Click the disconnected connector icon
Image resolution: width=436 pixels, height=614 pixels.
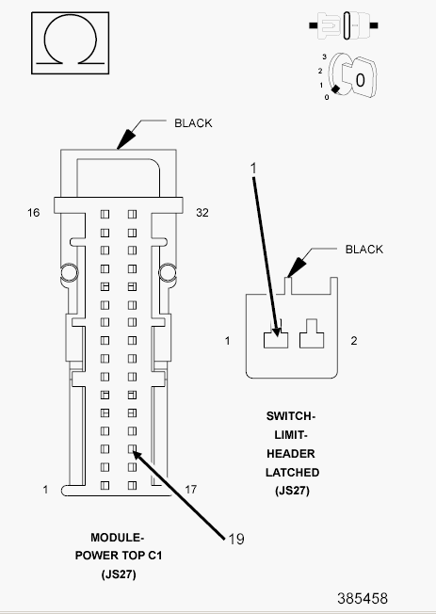point(344,25)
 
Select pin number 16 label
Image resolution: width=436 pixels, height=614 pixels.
point(33,213)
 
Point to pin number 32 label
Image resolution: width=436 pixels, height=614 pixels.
point(202,213)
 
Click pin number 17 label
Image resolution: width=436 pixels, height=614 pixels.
point(191,490)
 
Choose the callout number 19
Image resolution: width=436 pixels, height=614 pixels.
point(236,540)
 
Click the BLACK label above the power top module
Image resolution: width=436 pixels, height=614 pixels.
point(193,123)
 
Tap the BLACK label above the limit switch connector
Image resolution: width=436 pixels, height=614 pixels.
point(363,250)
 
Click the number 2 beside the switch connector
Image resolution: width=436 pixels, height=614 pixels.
point(354,341)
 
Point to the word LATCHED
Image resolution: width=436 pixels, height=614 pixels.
point(292,473)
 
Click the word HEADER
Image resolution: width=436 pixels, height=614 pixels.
point(291,454)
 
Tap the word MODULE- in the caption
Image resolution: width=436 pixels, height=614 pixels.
point(118,538)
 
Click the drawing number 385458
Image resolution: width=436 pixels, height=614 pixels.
point(363,598)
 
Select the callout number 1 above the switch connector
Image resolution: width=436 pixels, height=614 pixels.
point(253,168)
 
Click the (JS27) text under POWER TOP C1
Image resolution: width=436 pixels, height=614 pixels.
point(119,574)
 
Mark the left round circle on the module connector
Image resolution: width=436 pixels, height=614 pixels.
point(70,272)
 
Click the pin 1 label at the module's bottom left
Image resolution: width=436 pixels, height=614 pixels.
point(45,490)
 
